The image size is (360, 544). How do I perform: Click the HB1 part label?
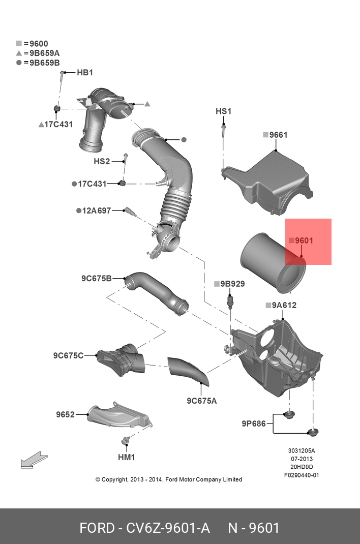click(x=84, y=73)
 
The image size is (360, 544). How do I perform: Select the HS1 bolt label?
click(x=223, y=111)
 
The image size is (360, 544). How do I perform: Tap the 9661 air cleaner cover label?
click(x=278, y=135)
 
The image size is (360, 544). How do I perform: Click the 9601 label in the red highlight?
click(x=304, y=240)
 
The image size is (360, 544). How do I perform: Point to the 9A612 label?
click(x=284, y=305)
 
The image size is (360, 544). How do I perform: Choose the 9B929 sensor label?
click(x=232, y=284)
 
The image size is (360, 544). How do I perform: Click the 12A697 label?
click(x=97, y=210)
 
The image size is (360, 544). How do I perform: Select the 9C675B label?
click(x=96, y=278)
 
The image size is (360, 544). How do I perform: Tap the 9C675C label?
click(x=68, y=355)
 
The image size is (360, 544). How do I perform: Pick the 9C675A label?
click(x=201, y=401)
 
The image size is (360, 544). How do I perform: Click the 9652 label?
click(x=65, y=414)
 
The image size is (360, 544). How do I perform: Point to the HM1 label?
click(x=126, y=457)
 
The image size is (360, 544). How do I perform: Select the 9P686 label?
click(x=253, y=423)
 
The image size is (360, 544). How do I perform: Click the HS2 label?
click(x=102, y=161)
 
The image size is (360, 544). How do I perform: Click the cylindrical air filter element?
click(x=272, y=262)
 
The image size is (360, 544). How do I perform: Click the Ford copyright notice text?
click(x=169, y=479)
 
